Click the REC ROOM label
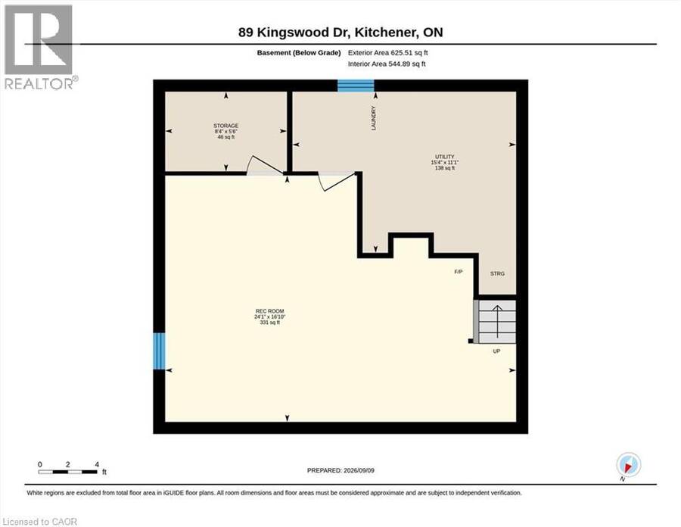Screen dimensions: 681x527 pyautogui.click(x=269, y=311)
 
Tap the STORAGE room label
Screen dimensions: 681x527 pyautogui.click(x=225, y=126)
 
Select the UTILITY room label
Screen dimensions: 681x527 pyautogui.click(x=445, y=157)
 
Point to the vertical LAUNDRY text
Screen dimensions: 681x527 pyautogui.click(x=374, y=118)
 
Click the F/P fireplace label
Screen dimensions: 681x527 pyautogui.click(x=459, y=272)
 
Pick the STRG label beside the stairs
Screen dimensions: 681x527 pyautogui.click(x=497, y=273)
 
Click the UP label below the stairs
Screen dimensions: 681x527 pyautogui.click(x=496, y=351)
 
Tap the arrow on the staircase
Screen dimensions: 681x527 pyautogui.click(x=497, y=320)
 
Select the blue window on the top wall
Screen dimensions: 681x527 pyautogui.click(x=356, y=86)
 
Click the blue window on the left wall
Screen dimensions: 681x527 pyautogui.click(x=160, y=351)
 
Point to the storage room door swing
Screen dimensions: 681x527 pyautogui.click(x=264, y=165)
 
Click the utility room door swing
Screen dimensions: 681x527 pyautogui.click(x=337, y=181)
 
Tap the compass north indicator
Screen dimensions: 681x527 pyautogui.click(x=628, y=466)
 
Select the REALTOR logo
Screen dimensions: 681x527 pyautogui.click(x=39, y=47)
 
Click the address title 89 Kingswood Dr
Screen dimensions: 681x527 pyautogui.click(x=295, y=33)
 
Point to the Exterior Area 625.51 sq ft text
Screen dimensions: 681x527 pyautogui.click(x=388, y=52)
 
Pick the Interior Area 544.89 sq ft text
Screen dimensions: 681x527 pyautogui.click(x=387, y=64)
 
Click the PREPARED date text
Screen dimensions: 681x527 pyautogui.click(x=340, y=470)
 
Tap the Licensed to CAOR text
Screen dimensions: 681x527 pyautogui.click(x=39, y=522)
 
